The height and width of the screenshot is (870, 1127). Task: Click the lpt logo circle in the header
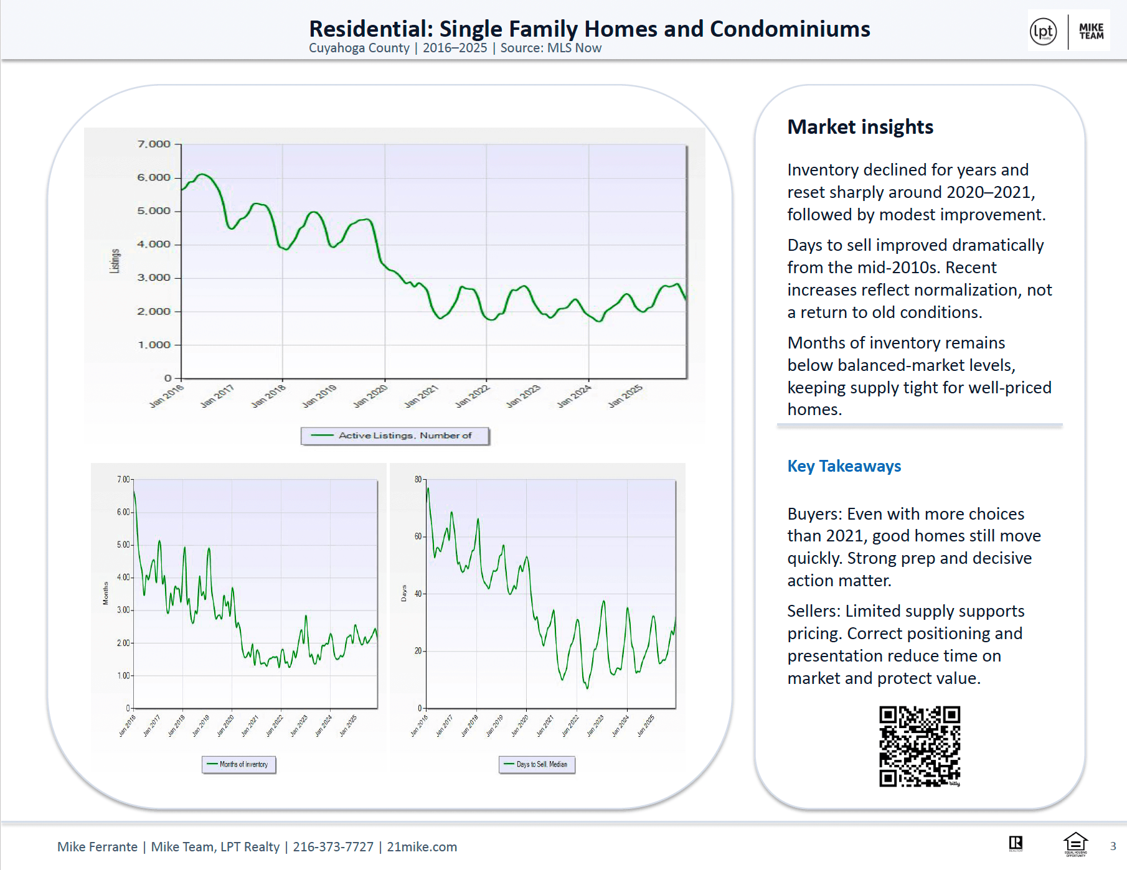coord(1043,32)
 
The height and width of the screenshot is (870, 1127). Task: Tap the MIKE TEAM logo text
coord(1091,32)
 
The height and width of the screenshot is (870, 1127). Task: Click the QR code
coord(920,746)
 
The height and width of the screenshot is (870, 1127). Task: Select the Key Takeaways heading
coord(844,466)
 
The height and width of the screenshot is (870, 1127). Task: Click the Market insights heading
coord(860,127)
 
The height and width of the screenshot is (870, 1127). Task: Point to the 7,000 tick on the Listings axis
coord(154,144)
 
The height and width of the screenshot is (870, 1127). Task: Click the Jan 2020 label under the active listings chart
coord(370,396)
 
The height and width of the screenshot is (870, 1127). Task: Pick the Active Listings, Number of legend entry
coord(395,436)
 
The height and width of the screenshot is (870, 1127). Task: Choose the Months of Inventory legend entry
coord(239,764)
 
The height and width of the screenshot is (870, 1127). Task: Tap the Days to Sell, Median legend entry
coord(537,764)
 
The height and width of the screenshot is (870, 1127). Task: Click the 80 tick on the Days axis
coord(418,479)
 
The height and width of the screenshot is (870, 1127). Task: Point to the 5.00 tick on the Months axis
coord(124,545)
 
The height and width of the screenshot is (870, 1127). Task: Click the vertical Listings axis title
coord(115,261)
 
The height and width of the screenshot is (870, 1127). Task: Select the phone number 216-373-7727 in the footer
coord(333,847)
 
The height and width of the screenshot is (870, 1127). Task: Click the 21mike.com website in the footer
coord(422,847)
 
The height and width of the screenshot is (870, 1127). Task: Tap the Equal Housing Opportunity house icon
coord(1075,844)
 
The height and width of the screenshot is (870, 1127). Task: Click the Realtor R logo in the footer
coord(1016,844)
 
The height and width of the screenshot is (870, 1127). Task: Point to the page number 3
coord(1113,846)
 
